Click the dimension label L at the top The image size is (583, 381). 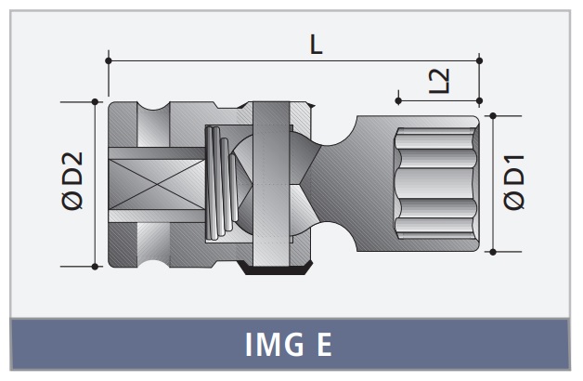316,45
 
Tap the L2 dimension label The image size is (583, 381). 439,80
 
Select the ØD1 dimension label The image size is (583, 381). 513,182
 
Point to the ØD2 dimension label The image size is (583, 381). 72,181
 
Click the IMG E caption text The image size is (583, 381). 288,345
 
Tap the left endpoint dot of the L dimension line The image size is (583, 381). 109,60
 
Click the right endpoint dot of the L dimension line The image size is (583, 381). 479,60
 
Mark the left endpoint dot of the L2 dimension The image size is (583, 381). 398,101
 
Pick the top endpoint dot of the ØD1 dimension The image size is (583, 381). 493,116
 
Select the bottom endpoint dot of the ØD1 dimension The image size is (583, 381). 493,252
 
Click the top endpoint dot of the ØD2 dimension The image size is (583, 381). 95,101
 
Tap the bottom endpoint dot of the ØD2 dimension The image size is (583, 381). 95,267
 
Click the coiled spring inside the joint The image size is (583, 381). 222,183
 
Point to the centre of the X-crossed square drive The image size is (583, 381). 157,185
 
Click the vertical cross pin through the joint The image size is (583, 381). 271,184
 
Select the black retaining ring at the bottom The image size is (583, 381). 276,269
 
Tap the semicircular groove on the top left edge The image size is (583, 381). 154,106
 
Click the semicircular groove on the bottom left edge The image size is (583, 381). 154,263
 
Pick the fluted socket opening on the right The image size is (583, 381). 435,183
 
